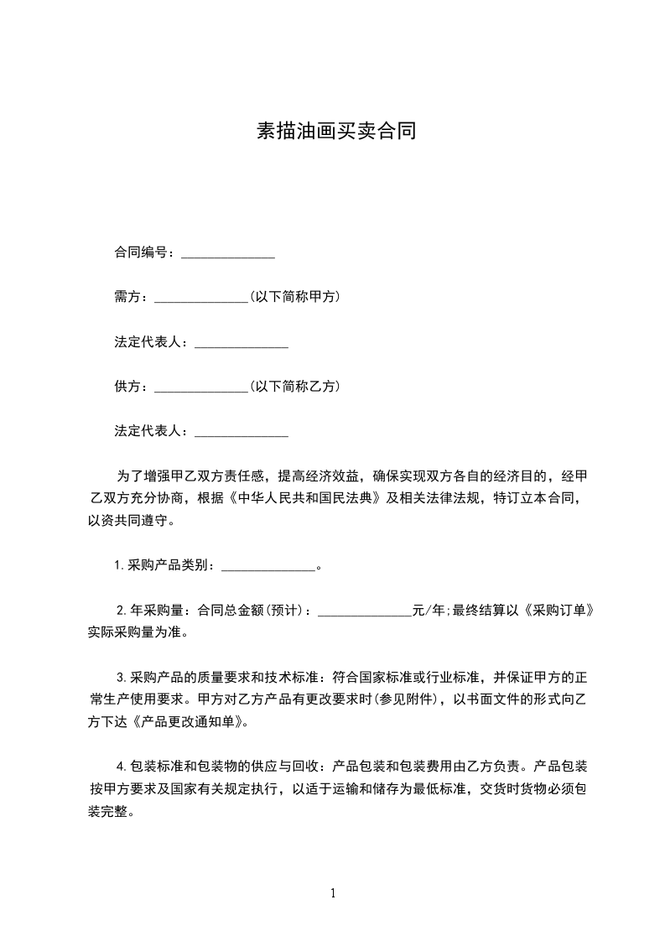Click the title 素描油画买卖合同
point(335,133)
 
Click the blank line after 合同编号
point(228,252)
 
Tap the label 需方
point(131,297)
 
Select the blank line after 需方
point(201,298)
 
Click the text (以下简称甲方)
point(294,297)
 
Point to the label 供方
point(131,387)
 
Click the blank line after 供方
point(201,387)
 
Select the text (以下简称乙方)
point(294,387)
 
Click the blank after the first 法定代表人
point(242,343)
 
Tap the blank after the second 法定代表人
point(242,433)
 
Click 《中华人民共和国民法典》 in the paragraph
point(305,498)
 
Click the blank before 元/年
point(366,611)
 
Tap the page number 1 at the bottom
point(333,893)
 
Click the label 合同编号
point(143,252)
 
